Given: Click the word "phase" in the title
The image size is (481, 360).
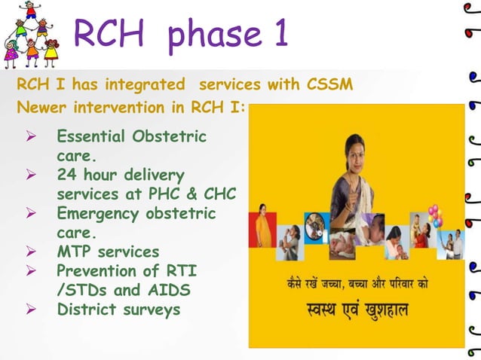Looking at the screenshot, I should click(x=210, y=35).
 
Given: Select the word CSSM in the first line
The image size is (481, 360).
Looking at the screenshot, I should click(x=329, y=84).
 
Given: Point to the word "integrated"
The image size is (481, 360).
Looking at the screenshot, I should click(x=145, y=84).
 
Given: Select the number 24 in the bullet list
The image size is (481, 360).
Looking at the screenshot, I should click(x=67, y=176).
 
